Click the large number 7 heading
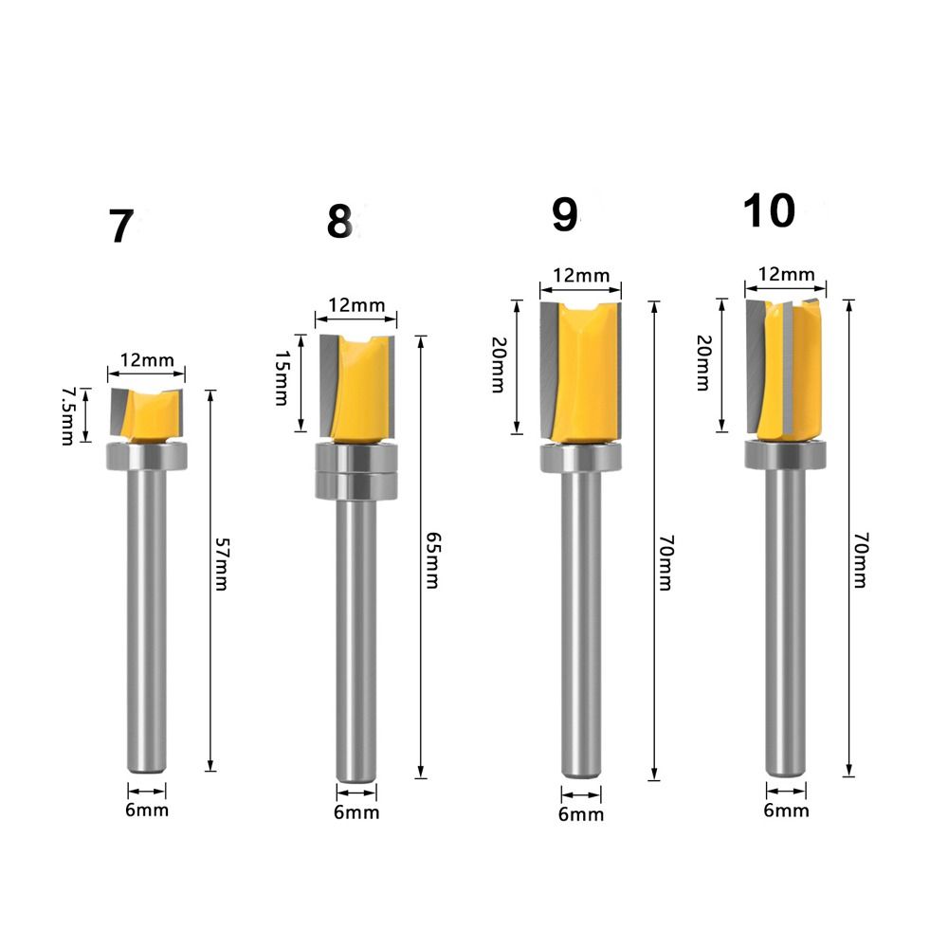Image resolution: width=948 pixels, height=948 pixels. tap(120, 227)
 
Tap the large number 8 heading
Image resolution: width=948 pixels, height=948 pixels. tap(339, 221)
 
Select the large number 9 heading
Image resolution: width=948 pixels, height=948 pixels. tap(565, 214)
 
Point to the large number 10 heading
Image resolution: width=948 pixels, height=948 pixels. tap(769, 210)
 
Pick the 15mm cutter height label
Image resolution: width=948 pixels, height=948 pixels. tap(282, 378)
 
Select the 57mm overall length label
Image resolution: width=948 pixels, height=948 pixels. tap(221, 564)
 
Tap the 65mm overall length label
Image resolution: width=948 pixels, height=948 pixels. tap(432, 560)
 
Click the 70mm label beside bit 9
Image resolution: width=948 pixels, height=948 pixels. tap(665, 563)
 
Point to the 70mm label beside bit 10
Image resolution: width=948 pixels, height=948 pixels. tap(861, 560)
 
